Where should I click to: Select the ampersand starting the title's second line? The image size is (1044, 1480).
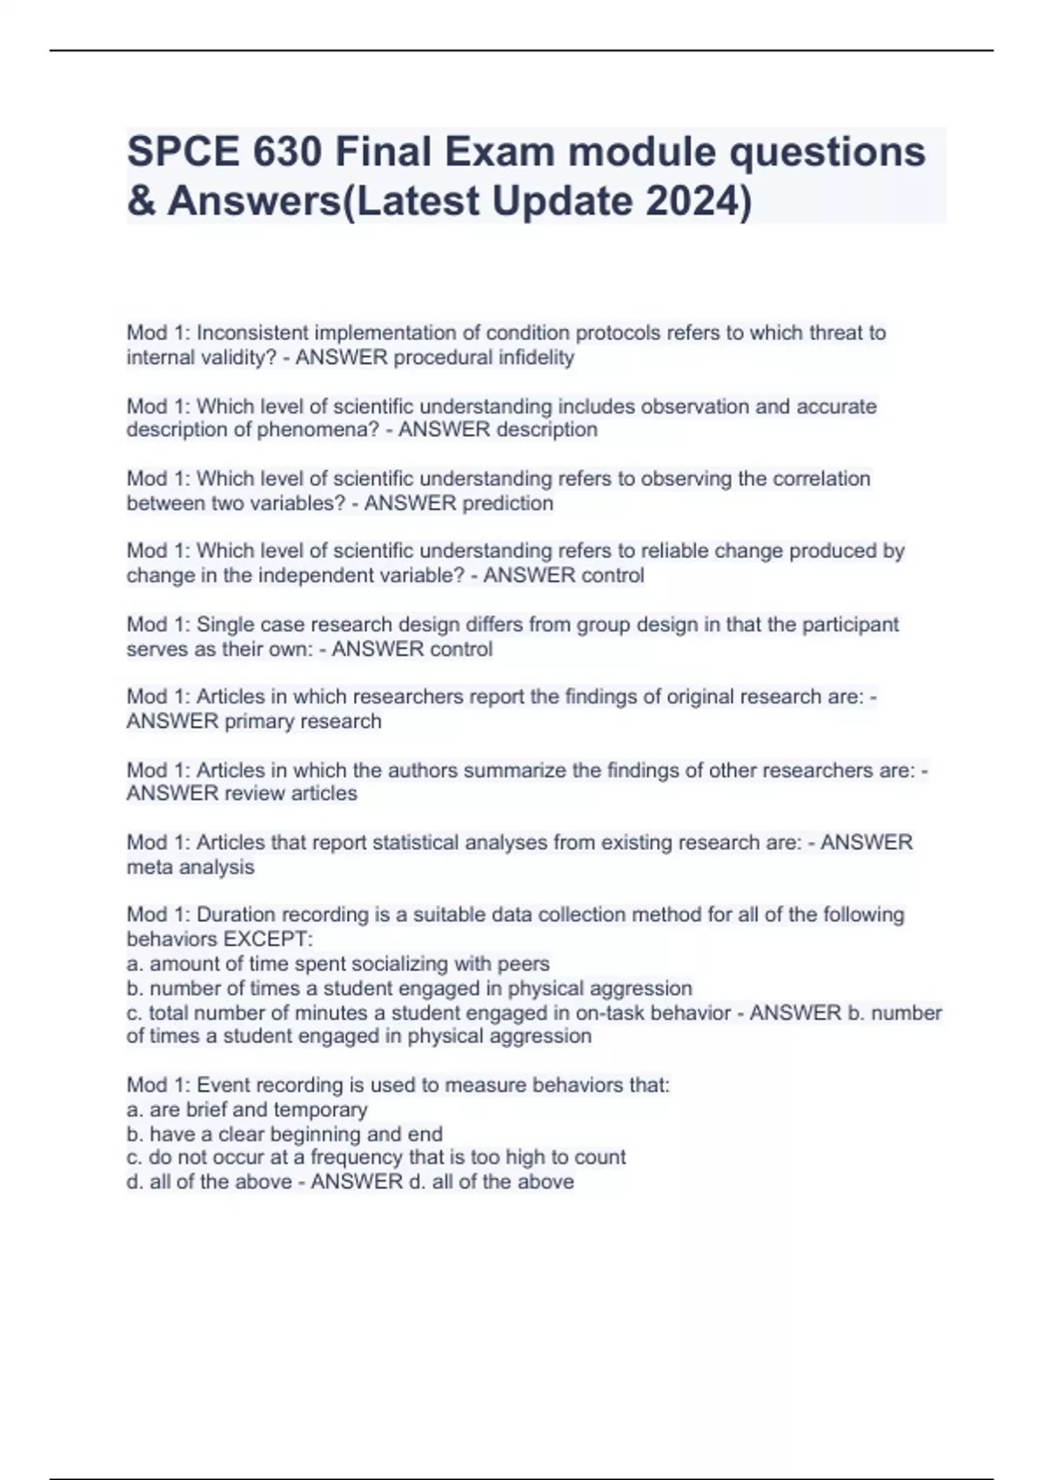point(140,201)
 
